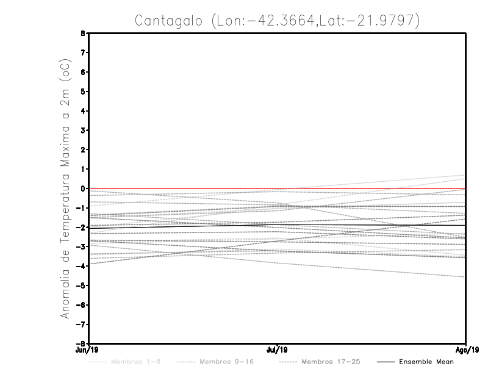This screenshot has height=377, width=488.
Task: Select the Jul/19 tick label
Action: pos(278,350)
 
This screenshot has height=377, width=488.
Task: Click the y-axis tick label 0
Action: pos(82,188)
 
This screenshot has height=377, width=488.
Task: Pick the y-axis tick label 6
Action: pos(82,72)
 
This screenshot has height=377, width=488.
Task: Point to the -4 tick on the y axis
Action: pos(81,266)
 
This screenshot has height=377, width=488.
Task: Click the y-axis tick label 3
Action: pos(82,130)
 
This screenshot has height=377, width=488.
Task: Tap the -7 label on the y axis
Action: pos(81,324)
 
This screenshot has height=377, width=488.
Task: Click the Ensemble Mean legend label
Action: pos(426,362)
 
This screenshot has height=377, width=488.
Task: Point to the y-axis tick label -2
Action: pos(81,227)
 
